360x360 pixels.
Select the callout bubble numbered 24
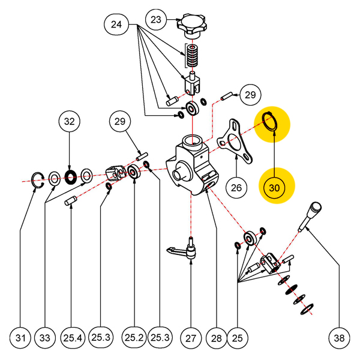point(116,25)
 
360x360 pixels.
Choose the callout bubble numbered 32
point(70,122)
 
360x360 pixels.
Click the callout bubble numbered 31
point(21,338)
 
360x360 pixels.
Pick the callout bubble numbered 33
point(46,338)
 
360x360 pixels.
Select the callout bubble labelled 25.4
point(72,338)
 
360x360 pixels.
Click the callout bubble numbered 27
point(191,338)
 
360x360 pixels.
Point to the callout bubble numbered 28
point(213,338)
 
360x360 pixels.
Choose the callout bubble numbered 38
point(340,338)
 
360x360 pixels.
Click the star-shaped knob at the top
point(191,25)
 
